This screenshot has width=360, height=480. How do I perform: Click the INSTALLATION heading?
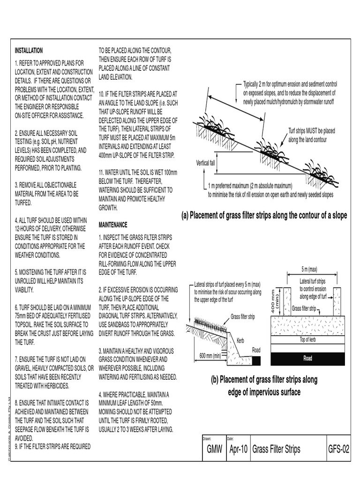click(x=29, y=51)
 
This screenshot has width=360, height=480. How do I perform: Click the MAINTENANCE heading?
click(x=113, y=225)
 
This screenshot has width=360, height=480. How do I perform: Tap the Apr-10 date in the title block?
click(x=238, y=450)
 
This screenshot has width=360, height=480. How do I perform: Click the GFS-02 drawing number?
click(x=338, y=450)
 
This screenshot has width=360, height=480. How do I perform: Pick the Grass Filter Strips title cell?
click(x=276, y=450)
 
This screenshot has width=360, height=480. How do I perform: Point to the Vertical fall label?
click(x=208, y=163)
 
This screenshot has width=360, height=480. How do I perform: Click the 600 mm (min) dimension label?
click(x=210, y=355)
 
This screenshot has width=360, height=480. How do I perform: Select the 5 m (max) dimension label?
click(x=309, y=270)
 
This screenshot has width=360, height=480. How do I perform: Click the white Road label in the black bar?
click(x=307, y=359)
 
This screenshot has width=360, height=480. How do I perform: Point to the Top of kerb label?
click(x=309, y=339)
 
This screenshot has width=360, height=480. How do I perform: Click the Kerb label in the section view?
click(x=241, y=341)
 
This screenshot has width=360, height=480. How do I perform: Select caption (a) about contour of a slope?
click(x=264, y=215)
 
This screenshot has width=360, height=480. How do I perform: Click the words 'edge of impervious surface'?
click(x=264, y=392)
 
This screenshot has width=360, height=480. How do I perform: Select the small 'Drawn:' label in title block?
click(x=207, y=439)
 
